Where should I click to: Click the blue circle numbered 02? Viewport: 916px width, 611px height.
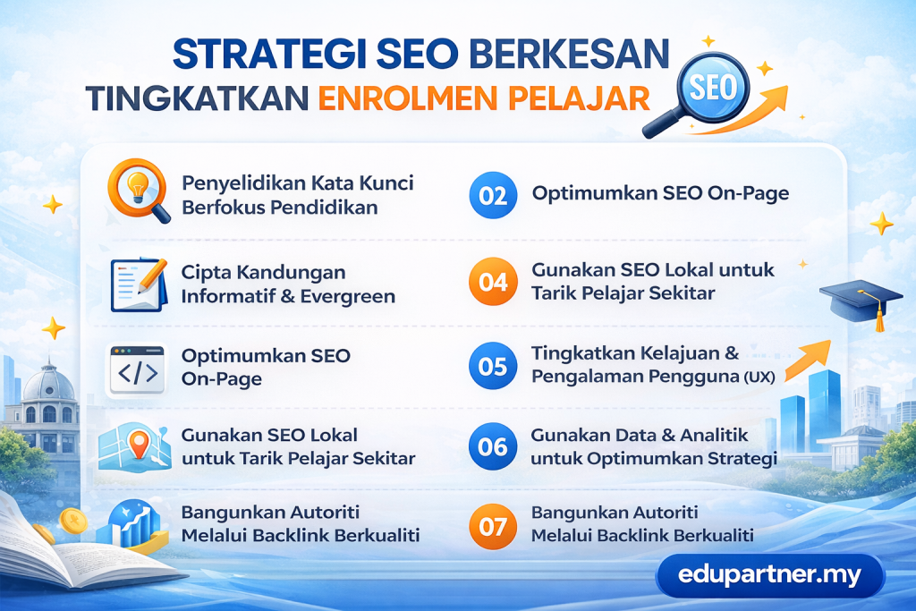click(493, 195)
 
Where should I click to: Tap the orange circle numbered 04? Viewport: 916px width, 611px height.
click(493, 283)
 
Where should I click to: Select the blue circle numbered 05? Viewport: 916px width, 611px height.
click(493, 366)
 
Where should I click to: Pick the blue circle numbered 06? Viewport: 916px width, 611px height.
click(493, 446)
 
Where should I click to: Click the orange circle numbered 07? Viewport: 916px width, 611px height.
click(493, 526)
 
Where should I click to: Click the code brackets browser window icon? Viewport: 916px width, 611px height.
click(137, 369)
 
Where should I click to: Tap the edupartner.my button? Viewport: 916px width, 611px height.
click(769, 575)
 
